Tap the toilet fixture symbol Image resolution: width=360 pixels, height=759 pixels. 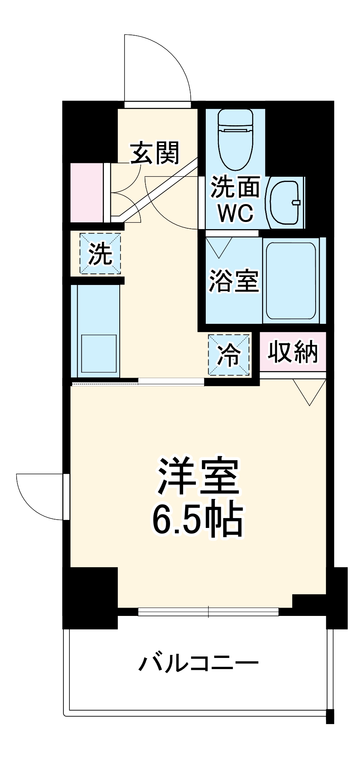click(x=236, y=139)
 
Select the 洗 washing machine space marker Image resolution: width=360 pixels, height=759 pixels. click(x=100, y=254)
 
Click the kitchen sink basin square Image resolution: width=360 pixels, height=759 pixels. click(x=99, y=353)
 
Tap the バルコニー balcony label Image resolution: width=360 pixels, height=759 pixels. click(x=198, y=663)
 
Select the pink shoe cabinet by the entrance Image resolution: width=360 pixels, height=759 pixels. click(x=86, y=193)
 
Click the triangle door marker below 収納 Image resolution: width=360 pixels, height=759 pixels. click(x=310, y=390)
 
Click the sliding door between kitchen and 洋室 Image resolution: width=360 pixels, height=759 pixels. click(x=171, y=382)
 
